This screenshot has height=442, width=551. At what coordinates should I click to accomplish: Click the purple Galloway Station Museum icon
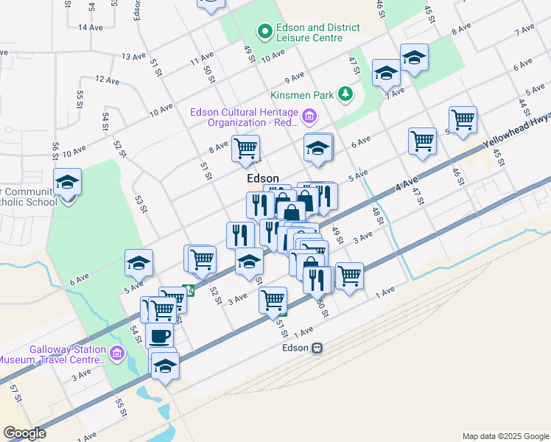click(116, 354)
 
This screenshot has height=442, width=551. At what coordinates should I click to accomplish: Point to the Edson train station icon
click(317, 348)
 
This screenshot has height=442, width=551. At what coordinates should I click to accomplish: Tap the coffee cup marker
click(160, 337)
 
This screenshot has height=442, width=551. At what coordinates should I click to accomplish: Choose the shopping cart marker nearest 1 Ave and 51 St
click(273, 300)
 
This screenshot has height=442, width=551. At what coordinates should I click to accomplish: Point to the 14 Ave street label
click(90, 27)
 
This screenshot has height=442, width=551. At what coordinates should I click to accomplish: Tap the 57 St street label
click(15, 395)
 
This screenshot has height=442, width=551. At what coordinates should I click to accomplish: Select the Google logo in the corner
click(24, 433)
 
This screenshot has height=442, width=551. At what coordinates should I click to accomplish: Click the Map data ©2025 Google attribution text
click(504, 436)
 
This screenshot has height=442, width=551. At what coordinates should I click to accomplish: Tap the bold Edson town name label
click(262, 178)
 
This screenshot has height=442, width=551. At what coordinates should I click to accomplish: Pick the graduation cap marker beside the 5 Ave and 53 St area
click(138, 262)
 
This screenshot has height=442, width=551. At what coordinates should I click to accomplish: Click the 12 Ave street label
click(107, 80)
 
